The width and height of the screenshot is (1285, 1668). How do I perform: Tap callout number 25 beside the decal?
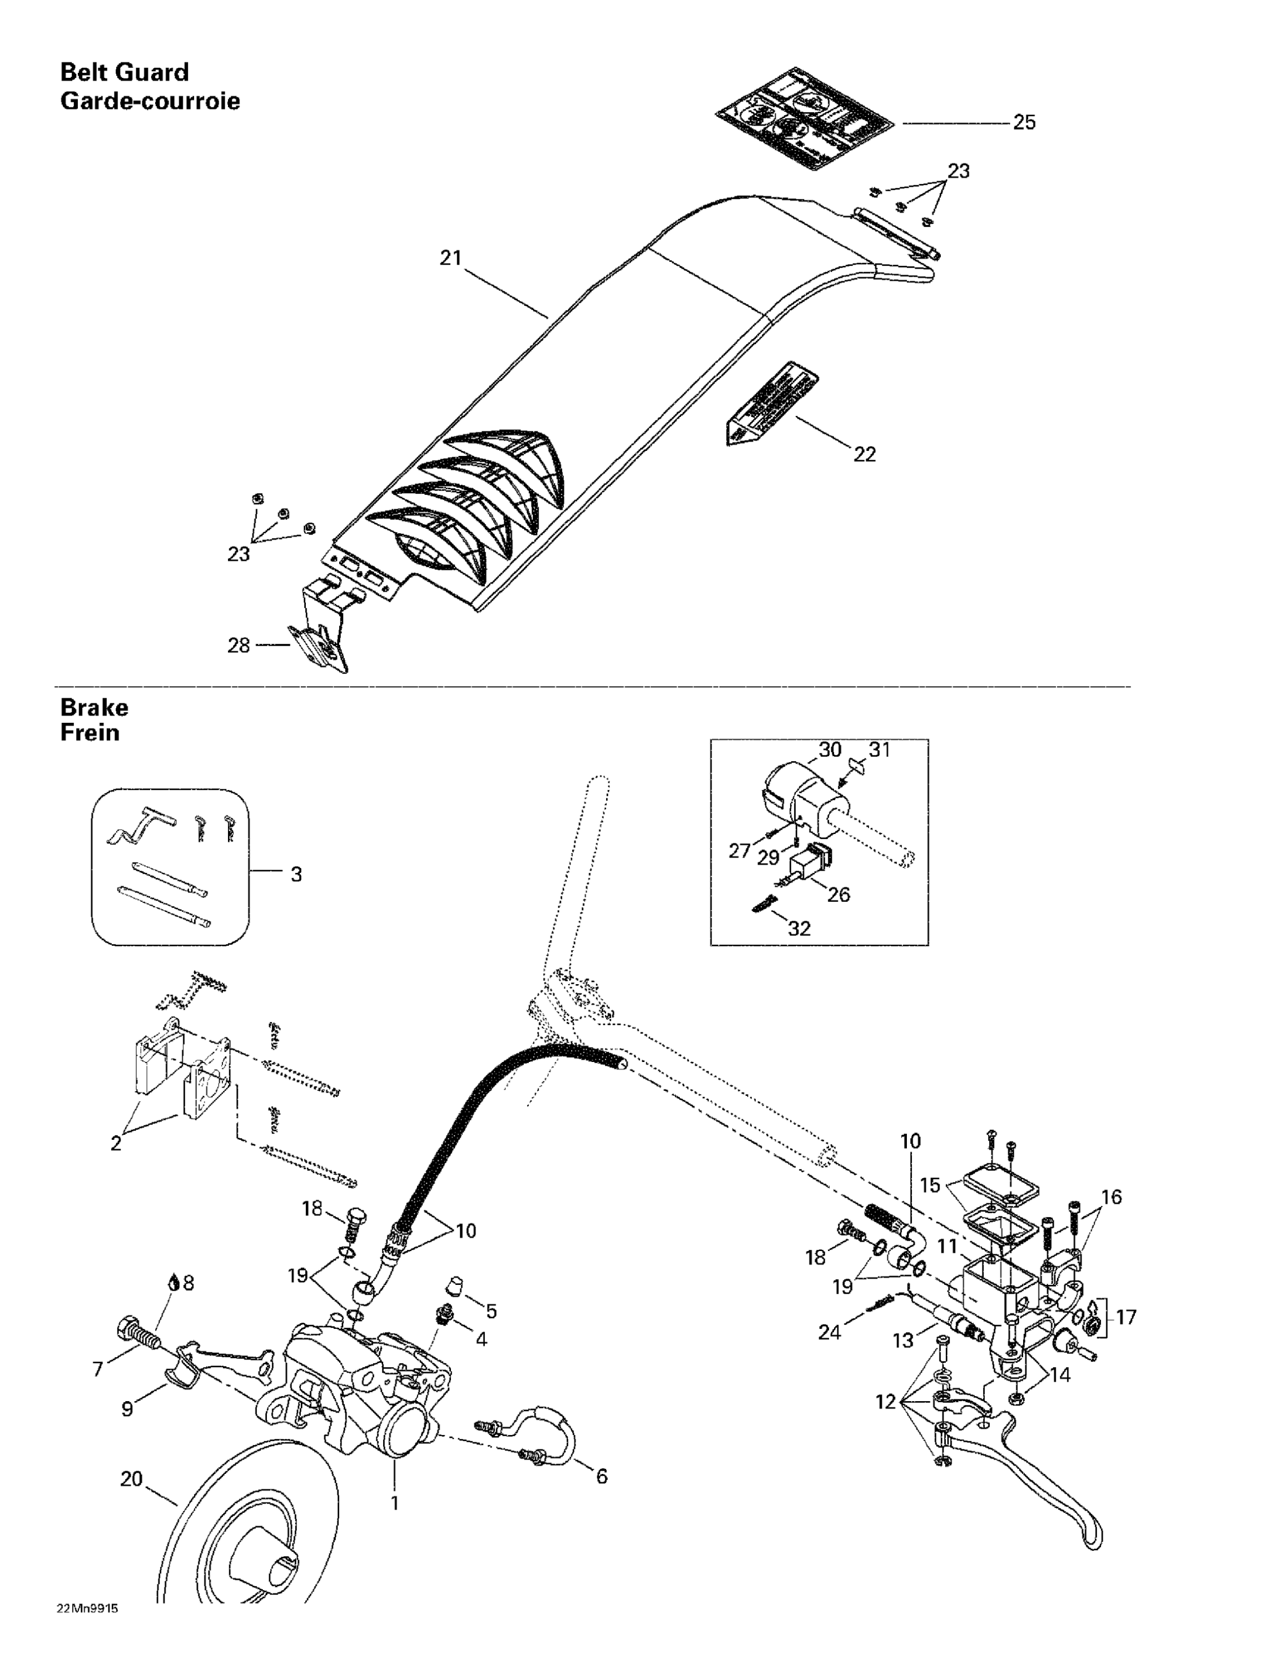[1024, 123]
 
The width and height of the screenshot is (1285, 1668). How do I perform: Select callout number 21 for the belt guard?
[451, 258]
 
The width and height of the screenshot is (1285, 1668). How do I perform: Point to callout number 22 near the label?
[864, 454]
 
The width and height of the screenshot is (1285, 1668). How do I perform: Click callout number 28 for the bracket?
[239, 646]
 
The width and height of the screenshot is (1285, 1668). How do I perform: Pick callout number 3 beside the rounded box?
[296, 875]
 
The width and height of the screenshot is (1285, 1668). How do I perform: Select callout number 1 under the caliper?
[395, 1503]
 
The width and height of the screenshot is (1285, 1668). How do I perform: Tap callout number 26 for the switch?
[838, 895]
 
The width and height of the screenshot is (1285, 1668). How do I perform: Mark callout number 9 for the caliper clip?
[127, 1409]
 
